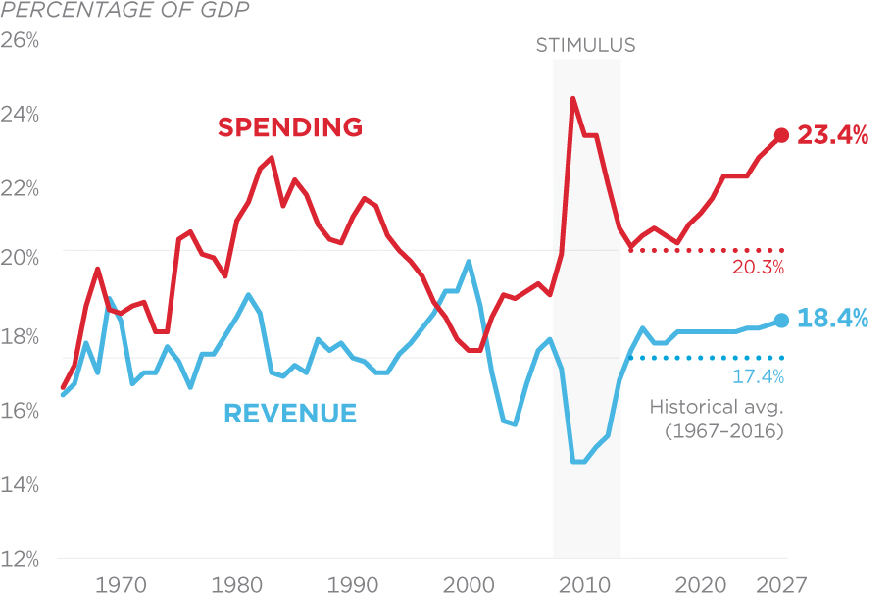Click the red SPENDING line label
[290, 127]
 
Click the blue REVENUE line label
[290, 414]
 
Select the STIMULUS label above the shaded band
[585, 45]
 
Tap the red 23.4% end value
[832, 135]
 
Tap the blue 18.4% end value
[832, 319]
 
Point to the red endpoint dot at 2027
[781, 135]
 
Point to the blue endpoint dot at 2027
[781, 320]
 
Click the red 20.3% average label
[758, 267]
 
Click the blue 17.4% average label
[758, 376]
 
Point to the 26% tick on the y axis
[20, 42]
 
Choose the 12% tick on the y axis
[20, 560]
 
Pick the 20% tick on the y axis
[20, 257]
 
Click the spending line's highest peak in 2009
[572, 98]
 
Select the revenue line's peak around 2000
[469, 261]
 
